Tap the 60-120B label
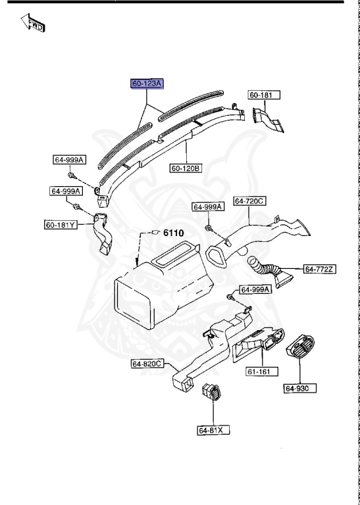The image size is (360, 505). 186,168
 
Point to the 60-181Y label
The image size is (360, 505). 61,225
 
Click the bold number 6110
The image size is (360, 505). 174,233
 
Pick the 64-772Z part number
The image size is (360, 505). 320,268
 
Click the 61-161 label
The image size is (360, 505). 259,372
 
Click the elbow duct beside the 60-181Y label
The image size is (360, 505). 103,233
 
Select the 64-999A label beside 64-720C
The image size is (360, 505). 208,206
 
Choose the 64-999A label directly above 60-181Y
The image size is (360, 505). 65,191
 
